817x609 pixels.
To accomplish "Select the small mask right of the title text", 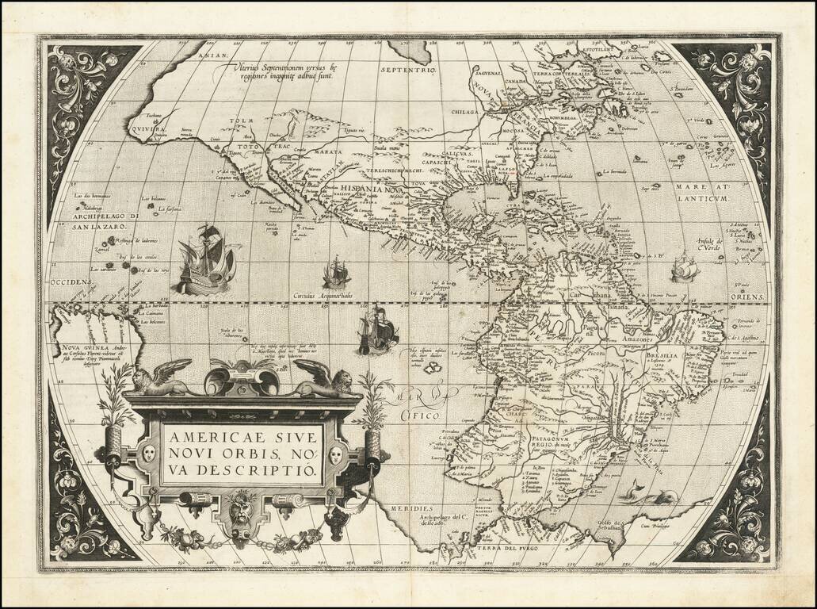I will pyautogui.click(x=335, y=454).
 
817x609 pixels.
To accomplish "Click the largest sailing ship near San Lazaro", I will pyautogui.click(x=205, y=259).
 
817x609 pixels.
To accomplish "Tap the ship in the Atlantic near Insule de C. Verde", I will pyautogui.click(x=684, y=270).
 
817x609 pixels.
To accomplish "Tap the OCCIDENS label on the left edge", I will pyautogui.click(x=70, y=282).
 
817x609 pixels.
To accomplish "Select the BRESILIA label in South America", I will pyautogui.click(x=661, y=357).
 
